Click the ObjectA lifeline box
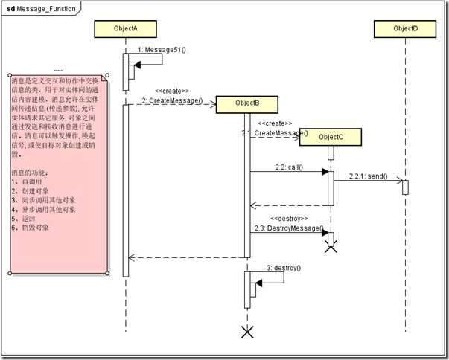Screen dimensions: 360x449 125,28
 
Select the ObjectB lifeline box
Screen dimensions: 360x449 246,103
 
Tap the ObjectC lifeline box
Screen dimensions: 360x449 331,137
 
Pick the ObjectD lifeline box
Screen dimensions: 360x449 406,28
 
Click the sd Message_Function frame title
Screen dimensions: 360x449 42,7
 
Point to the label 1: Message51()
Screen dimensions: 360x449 162,49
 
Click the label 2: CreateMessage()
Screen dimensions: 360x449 172,100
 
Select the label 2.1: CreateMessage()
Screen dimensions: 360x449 273,132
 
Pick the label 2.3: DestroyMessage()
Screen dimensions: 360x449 288,228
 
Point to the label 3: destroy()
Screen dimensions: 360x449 284,267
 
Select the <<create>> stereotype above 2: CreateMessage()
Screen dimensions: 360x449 171,91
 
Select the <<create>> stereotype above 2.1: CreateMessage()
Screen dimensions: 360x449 275,123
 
